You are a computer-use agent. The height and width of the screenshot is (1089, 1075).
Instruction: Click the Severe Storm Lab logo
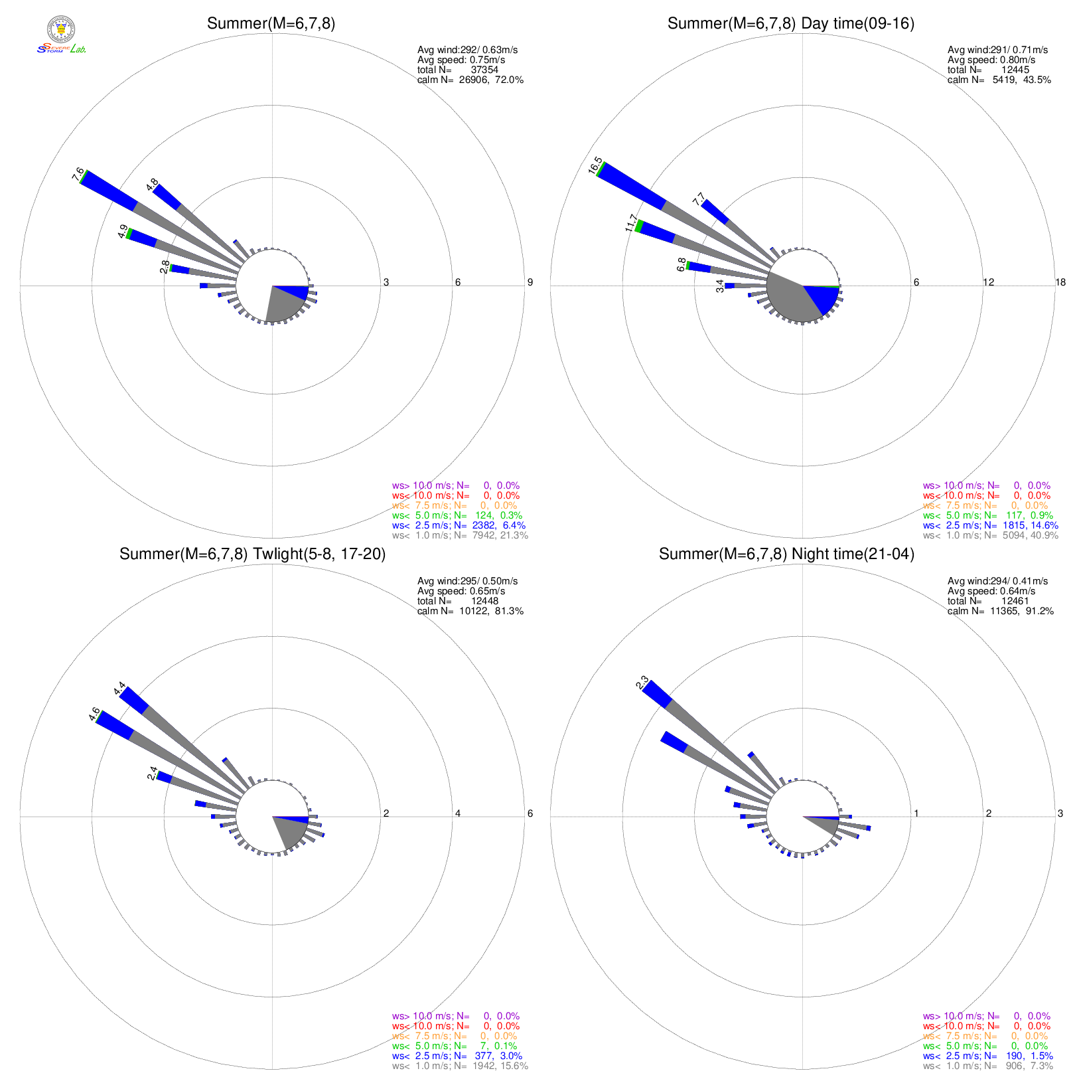tap(61, 35)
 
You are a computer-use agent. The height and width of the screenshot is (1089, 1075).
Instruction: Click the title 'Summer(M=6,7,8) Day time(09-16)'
tap(790, 24)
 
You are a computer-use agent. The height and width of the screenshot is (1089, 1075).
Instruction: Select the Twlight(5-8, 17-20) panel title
tap(252, 554)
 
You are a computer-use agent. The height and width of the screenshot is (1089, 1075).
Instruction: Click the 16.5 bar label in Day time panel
tap(595, 165)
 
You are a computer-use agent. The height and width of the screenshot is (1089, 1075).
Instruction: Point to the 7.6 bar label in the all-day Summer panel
tap(78, 175)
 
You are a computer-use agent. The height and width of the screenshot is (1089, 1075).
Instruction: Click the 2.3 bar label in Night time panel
tap(642, 683)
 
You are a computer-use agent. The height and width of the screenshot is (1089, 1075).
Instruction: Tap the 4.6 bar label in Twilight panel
tap(94, 714)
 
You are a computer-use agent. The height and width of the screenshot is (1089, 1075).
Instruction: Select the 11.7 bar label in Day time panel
tap(631, 223)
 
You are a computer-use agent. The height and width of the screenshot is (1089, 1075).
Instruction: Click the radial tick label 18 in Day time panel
tap(1060, 283)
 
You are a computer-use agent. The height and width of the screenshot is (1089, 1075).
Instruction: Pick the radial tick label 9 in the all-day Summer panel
tap(530, 283)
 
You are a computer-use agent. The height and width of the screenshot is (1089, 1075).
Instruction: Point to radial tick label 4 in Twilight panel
tap(457, 813)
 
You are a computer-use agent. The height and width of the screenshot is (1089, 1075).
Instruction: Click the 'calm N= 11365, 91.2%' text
tap(1000, 611)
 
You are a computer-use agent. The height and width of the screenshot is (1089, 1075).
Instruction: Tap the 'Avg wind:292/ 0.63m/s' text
tap(467, 50)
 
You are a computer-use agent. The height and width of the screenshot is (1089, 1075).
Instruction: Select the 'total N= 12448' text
tap(457, 601)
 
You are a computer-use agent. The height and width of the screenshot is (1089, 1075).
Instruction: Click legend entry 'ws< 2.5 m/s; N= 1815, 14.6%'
tap(990, 525)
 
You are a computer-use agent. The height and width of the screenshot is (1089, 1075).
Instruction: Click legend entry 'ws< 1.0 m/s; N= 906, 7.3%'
tap(987, 1066)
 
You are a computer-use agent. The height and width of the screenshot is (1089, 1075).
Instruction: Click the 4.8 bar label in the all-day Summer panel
tap(152, 184)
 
